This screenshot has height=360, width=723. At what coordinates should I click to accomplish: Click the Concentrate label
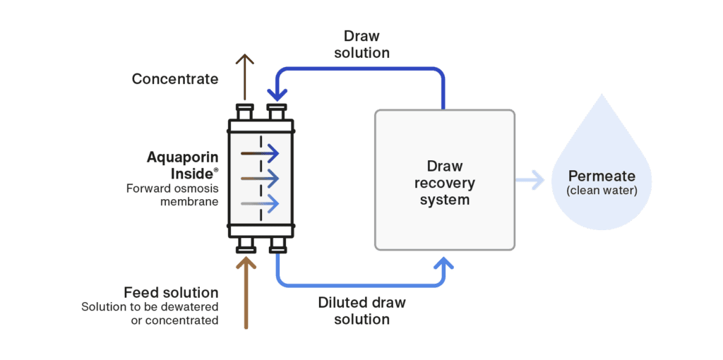pos(175,79)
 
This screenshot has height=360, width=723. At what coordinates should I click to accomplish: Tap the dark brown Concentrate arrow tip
pos(244,57)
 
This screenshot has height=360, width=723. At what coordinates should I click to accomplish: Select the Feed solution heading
pos(171,292)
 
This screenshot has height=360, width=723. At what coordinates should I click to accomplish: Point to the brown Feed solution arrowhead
pos(246,262)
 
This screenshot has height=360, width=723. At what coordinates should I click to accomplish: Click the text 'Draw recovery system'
pos(445,183)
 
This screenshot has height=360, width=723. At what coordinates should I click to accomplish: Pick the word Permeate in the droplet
pos(602,176)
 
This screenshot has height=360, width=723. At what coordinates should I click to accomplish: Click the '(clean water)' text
pos(602,190)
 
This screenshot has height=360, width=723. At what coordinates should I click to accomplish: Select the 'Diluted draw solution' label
pos(363,311)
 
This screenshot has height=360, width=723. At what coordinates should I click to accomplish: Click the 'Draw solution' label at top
pos(366,44)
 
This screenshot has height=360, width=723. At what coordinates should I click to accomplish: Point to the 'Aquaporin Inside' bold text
pos(182,164)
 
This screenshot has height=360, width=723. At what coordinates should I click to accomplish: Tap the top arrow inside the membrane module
pos(260,153)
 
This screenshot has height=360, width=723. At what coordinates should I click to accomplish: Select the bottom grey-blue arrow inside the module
pos(260,203)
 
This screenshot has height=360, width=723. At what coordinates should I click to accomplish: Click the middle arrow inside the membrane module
pos(260,178)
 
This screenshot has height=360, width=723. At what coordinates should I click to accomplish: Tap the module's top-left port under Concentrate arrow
pos(245,113)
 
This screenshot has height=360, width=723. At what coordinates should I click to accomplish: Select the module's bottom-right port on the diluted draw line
pos(277,244)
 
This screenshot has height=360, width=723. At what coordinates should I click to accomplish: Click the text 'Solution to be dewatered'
pos(150,307)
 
